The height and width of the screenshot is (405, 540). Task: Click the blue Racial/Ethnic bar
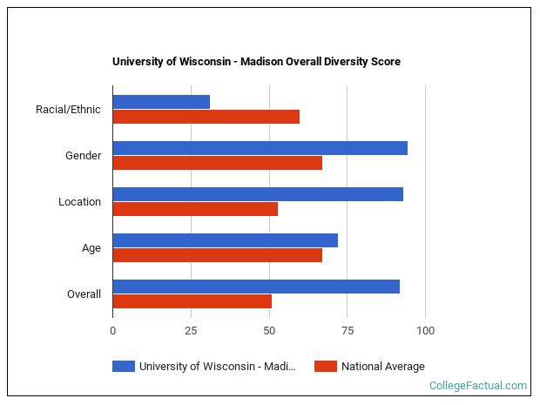(x=161, y=102)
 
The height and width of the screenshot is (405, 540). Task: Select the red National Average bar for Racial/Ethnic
(x=206, y=117)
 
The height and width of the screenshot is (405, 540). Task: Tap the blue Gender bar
(x=260, y=148)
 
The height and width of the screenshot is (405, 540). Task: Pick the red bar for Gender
(x=217, y=163)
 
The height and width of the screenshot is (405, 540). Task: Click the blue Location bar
(x=258, y=194)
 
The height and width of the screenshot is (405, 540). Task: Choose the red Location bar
(x=195, y=209)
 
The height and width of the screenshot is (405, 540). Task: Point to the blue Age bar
(x=225, y=240)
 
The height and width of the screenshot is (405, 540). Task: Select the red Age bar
(x=217, y=255)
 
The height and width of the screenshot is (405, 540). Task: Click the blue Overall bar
(x=256, y=287)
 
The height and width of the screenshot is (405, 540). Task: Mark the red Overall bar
(x=192, y=301)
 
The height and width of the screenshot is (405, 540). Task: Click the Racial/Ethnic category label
(x=68, y=110)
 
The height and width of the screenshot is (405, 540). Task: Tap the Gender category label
(x=83, y=156)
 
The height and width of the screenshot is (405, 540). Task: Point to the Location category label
(x=79, y=202)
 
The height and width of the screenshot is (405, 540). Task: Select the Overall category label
(x=84, y=294)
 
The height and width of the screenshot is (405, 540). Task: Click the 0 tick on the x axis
(x=112, y=331)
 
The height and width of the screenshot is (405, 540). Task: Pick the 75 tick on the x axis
(x=347, y=331)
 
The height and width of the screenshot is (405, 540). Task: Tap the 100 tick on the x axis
(x=425, y=331)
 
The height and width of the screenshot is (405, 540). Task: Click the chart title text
(x=256, y=62)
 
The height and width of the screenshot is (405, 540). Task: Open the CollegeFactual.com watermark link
(x=477, y=386)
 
